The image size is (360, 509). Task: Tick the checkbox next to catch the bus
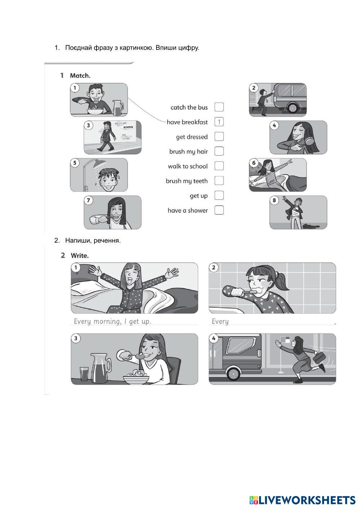(219, 107)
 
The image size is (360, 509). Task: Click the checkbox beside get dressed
(219, 137)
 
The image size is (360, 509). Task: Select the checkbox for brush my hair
(219, 151)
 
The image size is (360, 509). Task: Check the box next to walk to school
(219, 166)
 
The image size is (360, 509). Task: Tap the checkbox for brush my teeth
(219, 181)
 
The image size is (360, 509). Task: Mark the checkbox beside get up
(219, 195)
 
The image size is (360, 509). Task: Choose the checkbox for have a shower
(219, 210)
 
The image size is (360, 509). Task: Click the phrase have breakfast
(187, 122)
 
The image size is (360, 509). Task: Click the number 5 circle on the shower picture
(75, 163)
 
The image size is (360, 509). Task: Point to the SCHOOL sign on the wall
(128, 127)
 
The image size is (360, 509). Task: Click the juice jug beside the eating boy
(118, 107)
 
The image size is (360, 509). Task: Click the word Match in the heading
(80, 76)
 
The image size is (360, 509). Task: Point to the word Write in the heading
(80, 256)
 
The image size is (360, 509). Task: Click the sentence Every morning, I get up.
(112, 321)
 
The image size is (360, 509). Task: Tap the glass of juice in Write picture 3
(84, 374)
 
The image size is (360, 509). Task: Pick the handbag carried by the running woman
(319, 358)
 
